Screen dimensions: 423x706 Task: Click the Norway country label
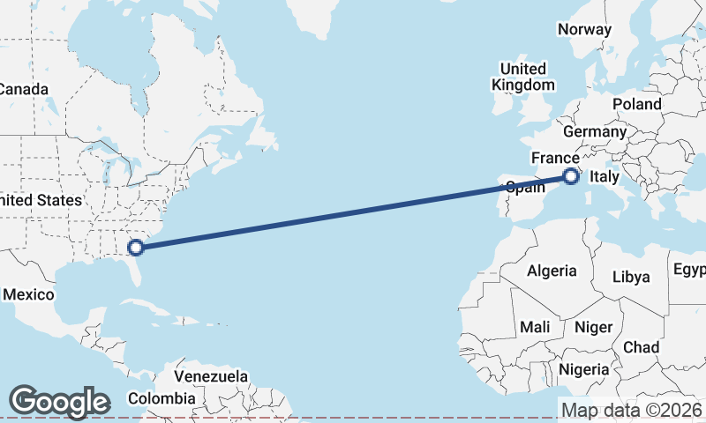point(584,29)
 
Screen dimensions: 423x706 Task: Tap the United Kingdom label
point(523,77)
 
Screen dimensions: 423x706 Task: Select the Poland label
point(636,104)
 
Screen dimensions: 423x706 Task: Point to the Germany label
point(594,131)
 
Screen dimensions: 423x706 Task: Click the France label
point(555,158)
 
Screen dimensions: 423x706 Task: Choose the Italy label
point(605,177)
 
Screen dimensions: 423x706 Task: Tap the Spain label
point(523,187)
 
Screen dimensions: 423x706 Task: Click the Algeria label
point(552,271)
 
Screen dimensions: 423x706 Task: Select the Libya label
point(631,277)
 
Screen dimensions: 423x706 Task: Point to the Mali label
point(535,327)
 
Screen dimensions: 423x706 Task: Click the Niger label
point(593,327)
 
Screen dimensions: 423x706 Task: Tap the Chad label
point(641,347)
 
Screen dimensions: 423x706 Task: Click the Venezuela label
point(211,376)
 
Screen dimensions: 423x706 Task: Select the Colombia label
point(160,398)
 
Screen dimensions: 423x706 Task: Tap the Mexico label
point(29,294)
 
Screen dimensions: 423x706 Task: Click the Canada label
point(23,89)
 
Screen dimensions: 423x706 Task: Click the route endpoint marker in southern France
point(571,176)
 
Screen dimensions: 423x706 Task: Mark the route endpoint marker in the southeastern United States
point(135,247)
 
